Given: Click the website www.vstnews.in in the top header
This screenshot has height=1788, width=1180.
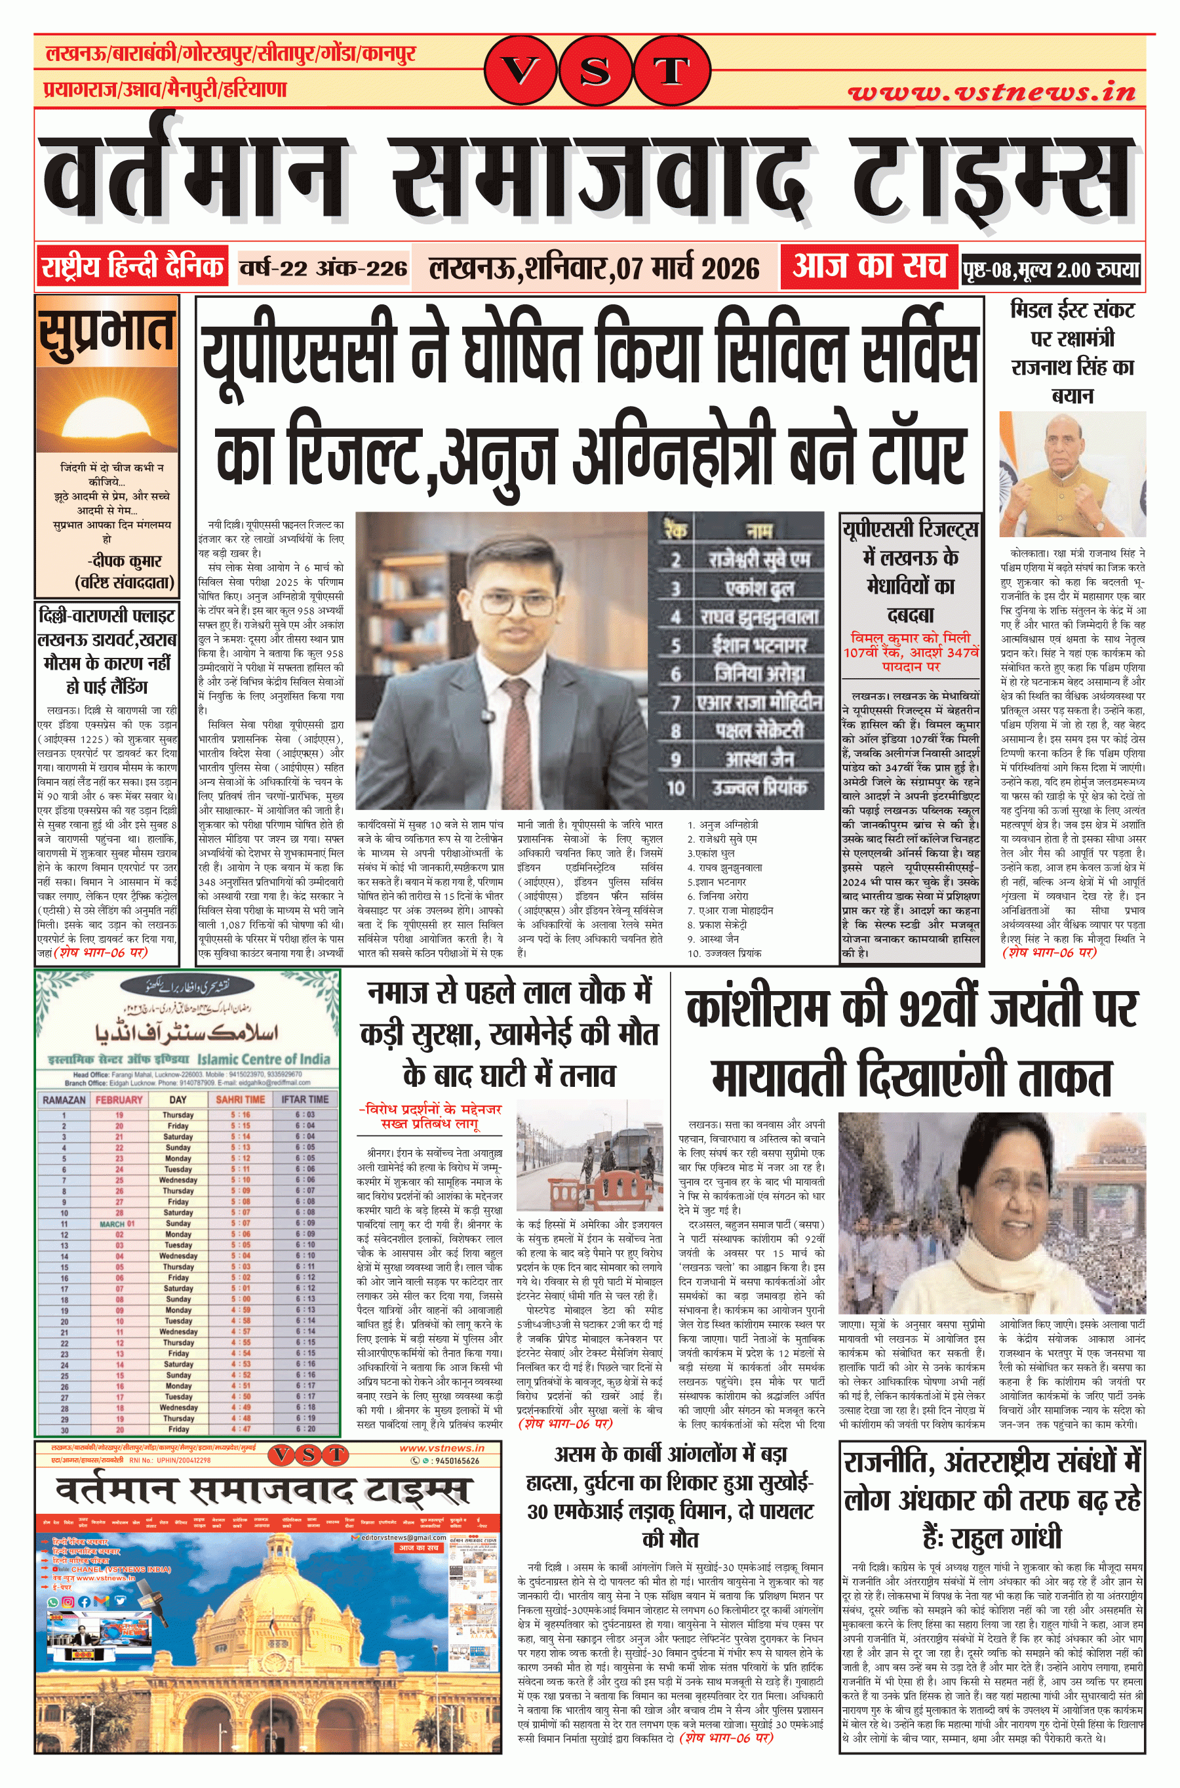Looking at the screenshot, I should tap(991, 92).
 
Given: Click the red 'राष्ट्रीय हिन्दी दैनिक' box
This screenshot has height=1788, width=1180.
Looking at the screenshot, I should tap(132, 267).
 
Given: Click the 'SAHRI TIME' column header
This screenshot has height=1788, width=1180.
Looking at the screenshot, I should tap(240, 1100).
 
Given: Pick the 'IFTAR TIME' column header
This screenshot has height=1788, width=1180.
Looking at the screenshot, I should tap(305, 1100).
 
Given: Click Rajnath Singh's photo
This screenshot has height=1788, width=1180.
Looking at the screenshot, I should tap(1072, 474).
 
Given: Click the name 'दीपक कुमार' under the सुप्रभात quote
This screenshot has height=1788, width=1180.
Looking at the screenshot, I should tap(125, 561).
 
